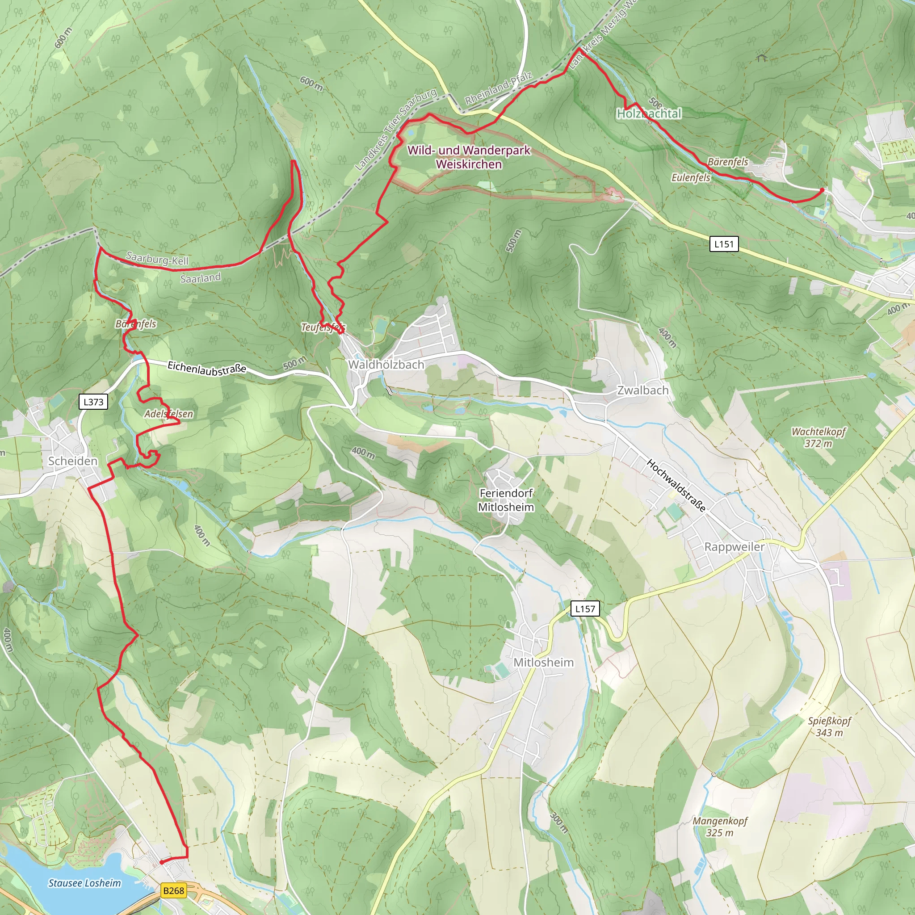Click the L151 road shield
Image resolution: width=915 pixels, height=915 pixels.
pyautogui.click(x=724, y=244)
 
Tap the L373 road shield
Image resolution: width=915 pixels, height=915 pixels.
pyautogui.click(x=93, y=402)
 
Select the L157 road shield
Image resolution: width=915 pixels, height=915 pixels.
pyautogui.click(x=585, y=609)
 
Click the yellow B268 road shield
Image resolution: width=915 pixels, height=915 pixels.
pyautogui.click(x=173, y=890)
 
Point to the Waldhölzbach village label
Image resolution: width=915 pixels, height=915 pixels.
pyautogui.click(x=386, y=365)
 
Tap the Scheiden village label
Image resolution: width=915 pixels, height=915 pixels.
pyautogui.click(x=73, y=461)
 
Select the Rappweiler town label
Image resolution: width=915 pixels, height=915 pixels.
pyautogui.click(x=734, y=546)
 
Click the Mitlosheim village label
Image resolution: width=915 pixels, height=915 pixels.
pyautogui.click(x=543, y=662)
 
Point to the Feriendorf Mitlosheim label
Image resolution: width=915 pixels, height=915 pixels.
pyautogui.click(x=506, y=500)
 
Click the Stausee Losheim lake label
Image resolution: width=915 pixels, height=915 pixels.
pyautogui.click(x=85, y=883)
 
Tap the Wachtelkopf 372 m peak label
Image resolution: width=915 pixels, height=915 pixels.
pyautogui.click(x=818, y=437)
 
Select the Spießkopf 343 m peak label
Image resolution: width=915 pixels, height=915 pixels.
pyautogui.click(x=829, y=726)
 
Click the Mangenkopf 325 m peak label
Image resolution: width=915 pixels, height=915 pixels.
pyautogui.click(x=719, y=827)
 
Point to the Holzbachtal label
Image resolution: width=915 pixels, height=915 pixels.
pyautogui.click(x=649, y=113)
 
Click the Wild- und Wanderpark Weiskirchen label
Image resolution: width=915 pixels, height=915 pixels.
pyautogui.click(x=469, y=157)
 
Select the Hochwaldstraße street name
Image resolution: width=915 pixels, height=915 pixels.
pyautogui.click(x=676, y=485)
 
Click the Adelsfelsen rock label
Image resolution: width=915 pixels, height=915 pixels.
pyautogui.click(x=168, y=414)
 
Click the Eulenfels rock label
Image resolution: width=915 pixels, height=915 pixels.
pyautogui.click(x=691, y=178)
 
